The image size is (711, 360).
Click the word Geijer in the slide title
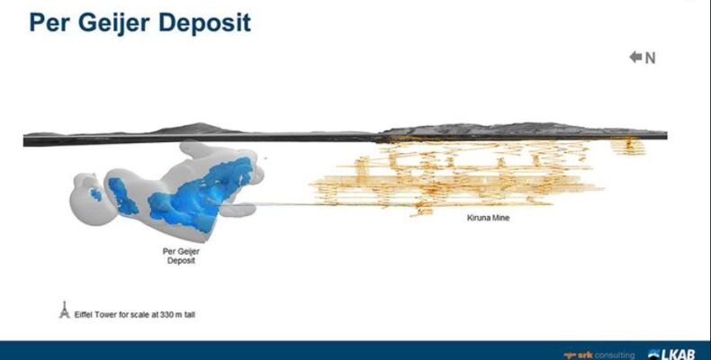pos(114,23)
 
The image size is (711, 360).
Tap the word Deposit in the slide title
pos(204,23)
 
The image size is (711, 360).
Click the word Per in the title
pos(49,23)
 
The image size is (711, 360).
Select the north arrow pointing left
pos(635,57)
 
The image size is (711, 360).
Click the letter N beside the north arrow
pos(650,58)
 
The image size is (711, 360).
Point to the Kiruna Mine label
pos(488,218)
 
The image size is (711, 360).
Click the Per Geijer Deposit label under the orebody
pos(181,256)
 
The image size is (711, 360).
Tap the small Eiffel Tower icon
pos(65,310)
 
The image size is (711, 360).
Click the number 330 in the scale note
pos(166,314)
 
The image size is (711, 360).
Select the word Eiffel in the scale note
pos(83,314)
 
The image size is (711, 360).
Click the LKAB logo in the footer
pos(671,354)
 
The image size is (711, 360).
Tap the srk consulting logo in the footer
pos(599,355)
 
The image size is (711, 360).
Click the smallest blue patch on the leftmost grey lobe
pos(95,194)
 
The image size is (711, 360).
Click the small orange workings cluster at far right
pos(628,147)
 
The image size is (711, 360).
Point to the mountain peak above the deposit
pos(200,124)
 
